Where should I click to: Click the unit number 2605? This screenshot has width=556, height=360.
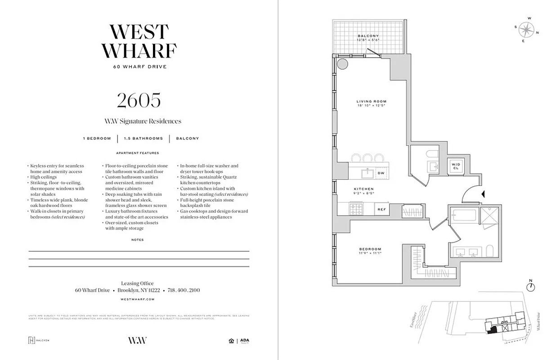coord(139,101)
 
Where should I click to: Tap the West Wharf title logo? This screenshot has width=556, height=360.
coord(139,41)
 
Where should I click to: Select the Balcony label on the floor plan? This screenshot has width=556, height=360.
coord(368,36)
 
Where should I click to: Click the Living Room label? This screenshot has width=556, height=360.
coord(372,101)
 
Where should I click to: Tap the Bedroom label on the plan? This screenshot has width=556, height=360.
coord(370,249)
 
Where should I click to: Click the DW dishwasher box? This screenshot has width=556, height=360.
coord(381,173)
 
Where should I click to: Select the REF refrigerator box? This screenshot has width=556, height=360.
coord(381,209)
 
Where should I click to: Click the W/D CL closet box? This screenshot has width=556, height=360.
coord(456,166)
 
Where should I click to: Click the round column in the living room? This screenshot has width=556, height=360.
coord(342,63)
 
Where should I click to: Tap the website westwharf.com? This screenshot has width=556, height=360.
coord(138,299)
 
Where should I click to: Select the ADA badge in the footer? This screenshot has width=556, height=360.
coord(244,341)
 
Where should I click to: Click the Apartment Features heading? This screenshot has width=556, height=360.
coord(137,153)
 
